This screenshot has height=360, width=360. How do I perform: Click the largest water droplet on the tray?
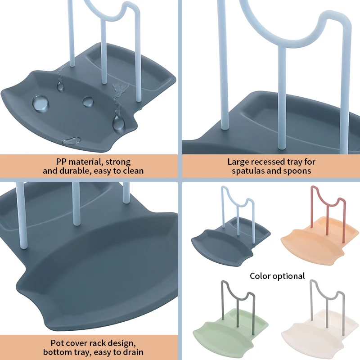click(x=40, y=103)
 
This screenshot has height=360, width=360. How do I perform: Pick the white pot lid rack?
click(x=319, y=319)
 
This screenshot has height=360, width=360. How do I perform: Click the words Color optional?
click(x=277, y=276)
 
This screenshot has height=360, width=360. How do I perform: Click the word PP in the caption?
click(x=61, y=162)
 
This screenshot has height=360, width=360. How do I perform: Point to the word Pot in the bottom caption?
click(x=57, y=343)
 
